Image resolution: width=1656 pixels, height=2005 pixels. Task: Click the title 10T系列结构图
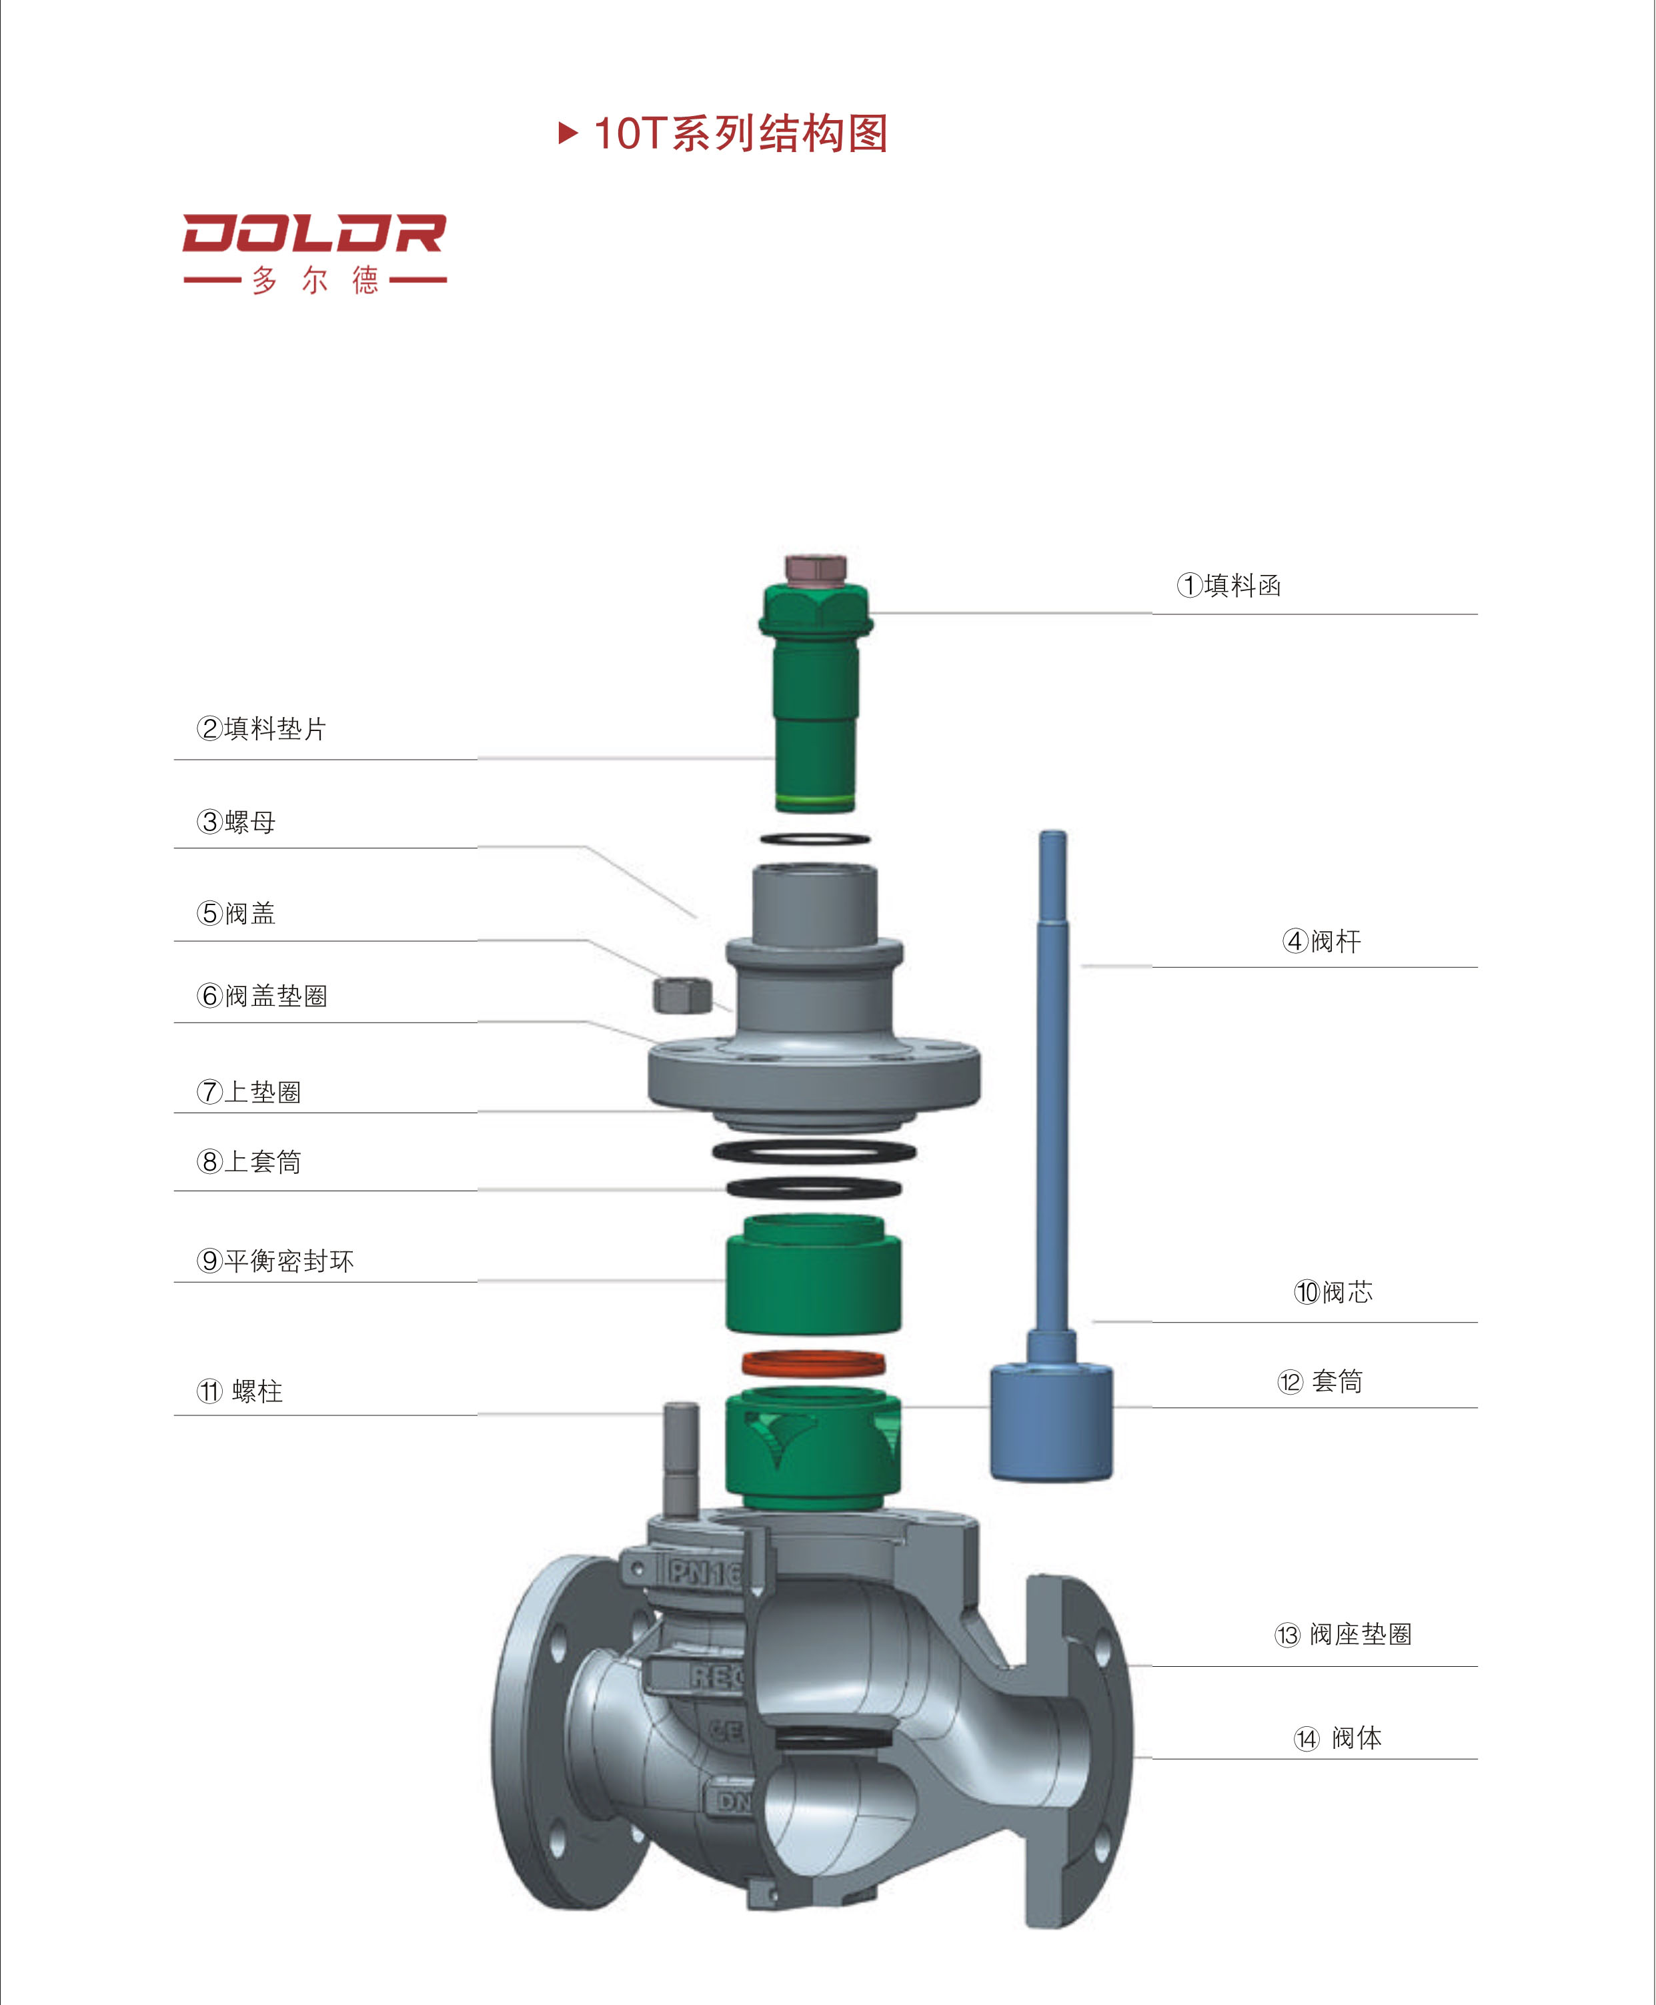coord(740,133)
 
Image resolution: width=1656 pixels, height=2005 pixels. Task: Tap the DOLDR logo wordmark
coord(314,233)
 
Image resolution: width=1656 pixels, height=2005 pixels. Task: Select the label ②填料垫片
coord(261,729)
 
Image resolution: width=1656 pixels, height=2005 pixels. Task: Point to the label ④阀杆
coord(1321,941)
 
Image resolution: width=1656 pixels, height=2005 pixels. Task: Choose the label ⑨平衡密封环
coord(275,1261)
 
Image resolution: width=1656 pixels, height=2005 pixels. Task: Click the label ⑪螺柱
coord(239,1391)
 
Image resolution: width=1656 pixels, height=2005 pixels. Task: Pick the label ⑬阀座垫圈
coord(1343,1634)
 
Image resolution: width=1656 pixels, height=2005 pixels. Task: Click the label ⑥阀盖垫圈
coord(261,996)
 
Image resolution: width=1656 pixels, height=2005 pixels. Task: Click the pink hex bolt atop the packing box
coord(816,568)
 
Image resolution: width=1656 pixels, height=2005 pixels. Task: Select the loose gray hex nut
coord(682,995)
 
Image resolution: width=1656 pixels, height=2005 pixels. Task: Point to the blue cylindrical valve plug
coord(1050,1421)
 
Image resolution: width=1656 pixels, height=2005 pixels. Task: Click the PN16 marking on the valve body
coord(704,1572)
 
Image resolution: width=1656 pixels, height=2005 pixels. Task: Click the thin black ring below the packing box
coord(814,839)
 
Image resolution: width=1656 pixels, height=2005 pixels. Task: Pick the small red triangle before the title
coord(568,133)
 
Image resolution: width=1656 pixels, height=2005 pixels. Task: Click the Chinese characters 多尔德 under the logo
coord(315,280)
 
